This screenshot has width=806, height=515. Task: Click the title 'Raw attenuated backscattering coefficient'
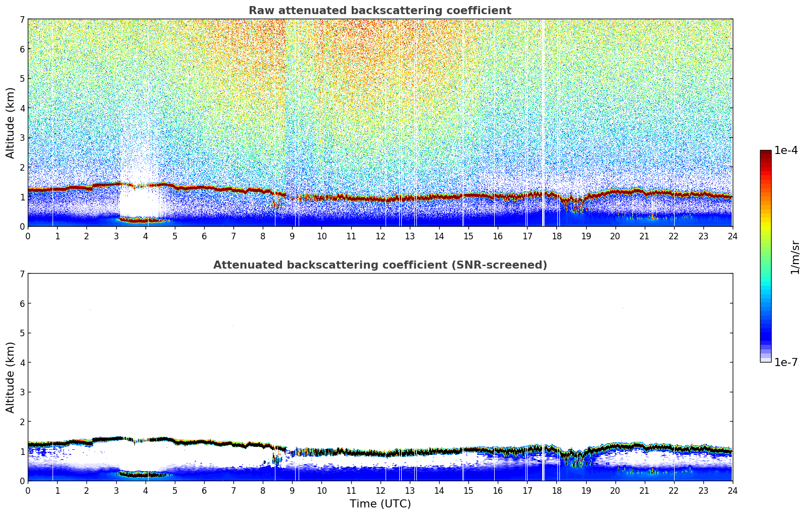click(x=380, y=11)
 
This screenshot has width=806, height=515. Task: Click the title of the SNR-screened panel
click(x=380, y=265)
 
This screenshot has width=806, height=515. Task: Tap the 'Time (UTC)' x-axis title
click(x=380, y=504)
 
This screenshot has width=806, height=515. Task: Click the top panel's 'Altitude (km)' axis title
click(x=11, y=123)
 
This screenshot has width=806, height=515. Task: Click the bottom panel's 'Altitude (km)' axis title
click(x=11, y=377)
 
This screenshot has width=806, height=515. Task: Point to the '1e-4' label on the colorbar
click(x=786, y=150)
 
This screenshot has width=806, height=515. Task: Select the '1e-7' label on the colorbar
click(x=786, y=362)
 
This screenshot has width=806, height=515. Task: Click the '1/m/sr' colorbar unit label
click(x=795, y=256)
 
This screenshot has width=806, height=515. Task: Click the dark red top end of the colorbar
click(x=766, y=153)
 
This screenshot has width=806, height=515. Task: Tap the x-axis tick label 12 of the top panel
click(x=380, y=236)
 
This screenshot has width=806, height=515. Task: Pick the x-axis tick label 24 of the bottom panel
click(x=732, y=491)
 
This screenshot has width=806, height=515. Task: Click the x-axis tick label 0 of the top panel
click(x=28, y=236)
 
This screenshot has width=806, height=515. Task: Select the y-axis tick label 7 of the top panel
click(x=22, y=19)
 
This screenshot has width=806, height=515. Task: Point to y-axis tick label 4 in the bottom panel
click(x=22, y=363)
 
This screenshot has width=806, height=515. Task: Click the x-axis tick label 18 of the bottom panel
click(x=556, y=491)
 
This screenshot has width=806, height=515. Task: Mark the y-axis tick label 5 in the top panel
click(x=22, y=78)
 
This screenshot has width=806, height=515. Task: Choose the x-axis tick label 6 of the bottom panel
click(x=204, y=491)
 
